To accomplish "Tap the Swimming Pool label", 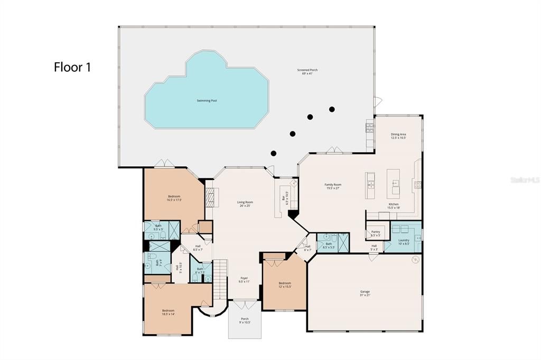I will (x=207, y=100).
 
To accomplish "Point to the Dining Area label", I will (x=398, y=136).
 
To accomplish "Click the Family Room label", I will (x=333, y=186).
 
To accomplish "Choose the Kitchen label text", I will (x=394, y=206).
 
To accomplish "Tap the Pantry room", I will (x=376, y=233).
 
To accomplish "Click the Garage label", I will (x=365, y=293).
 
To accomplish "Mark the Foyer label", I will (x=244, y=280).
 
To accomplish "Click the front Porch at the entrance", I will (x=245, y=320).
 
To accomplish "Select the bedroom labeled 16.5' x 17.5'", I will (x=173, y=198).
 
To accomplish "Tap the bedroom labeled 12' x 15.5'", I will (x=285, y=285).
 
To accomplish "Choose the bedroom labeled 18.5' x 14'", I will (x=168, y=312).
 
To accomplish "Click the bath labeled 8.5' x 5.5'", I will (x=328, y=245).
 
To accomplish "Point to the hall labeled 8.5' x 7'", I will (x=198, y=248).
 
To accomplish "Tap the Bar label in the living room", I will (x=284, y=198).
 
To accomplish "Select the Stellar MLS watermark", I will (x=525, y=180).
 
